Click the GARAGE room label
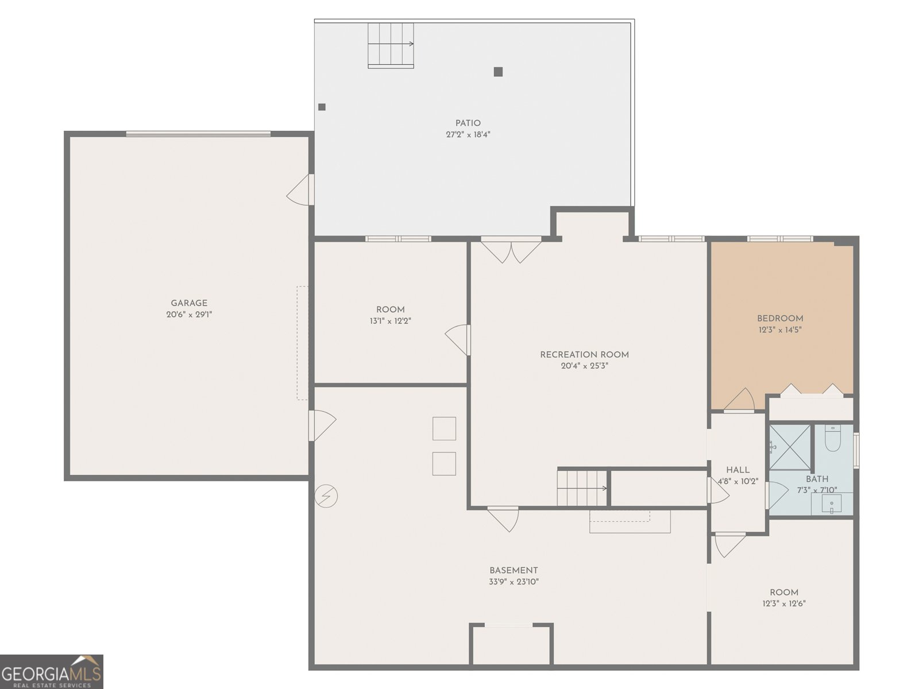tap(189, 303)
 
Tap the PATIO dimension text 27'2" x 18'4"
tap(468, 135)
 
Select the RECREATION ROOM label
tap(584, 355)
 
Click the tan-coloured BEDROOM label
tap(780, 319)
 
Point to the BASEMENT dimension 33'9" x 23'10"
tap(513, 582)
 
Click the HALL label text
tap(737, 470)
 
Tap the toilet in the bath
tap(833, 438)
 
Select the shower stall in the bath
tap(790, 446)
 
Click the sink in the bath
tap(832, 505)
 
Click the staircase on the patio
tap(391, 45)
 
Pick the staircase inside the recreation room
tap(582, 488)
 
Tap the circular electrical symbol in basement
tap(326, 496)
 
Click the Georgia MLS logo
tap(51, 671)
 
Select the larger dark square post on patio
tap(498, 72)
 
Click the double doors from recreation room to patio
tap(511, 250)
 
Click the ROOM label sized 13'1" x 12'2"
tap(391, 309)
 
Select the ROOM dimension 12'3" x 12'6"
tap(784, 603)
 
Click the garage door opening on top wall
tap(198, 134)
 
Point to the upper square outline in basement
tap(444, 428)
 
